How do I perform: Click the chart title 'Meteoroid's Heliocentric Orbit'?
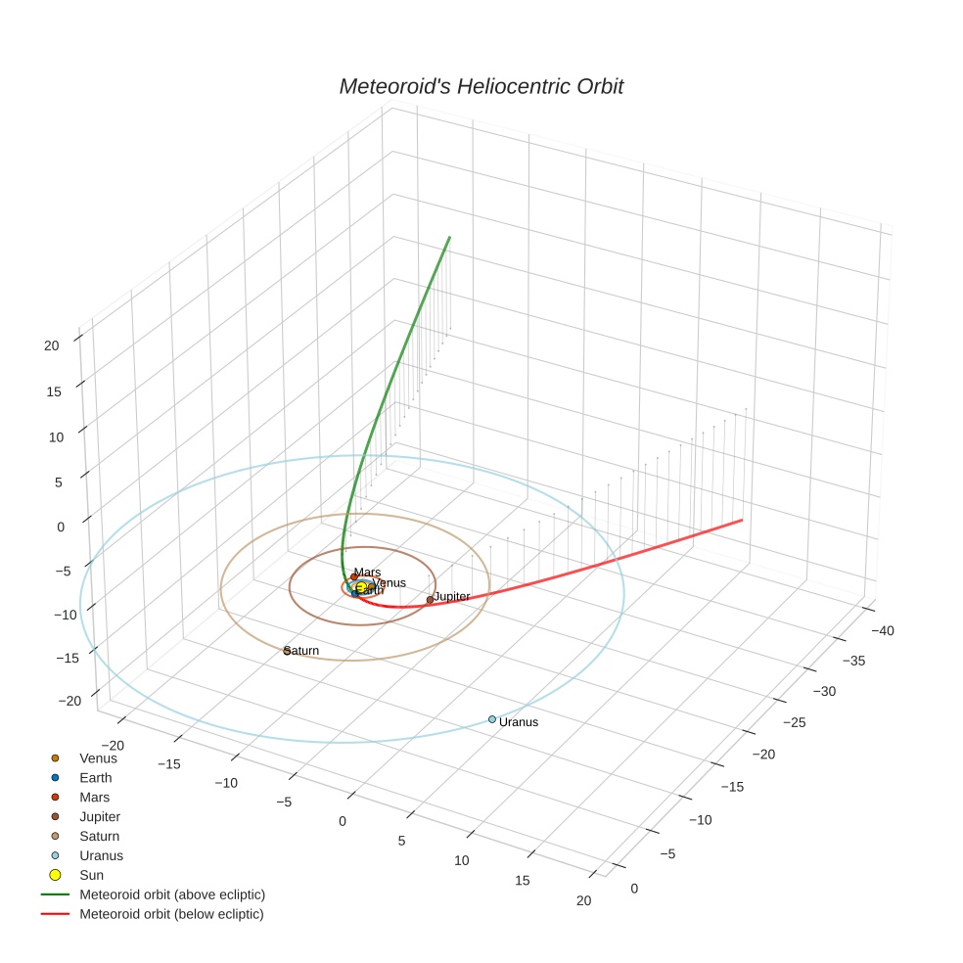tap(481, 86)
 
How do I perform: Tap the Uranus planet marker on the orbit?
tap(492, 719)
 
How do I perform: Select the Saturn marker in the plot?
tap(287, 650)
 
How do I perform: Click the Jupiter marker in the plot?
tap(430, 600)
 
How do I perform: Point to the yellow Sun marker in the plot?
tap(361, 586)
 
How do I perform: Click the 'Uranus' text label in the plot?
tap(519, 722)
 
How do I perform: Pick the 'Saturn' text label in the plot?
tap(302, 651)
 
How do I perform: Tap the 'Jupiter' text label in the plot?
tap(452, 596)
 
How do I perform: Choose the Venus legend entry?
tap(98, 757)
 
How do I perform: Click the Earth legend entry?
tap(95, 777)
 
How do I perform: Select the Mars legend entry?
tap(94, 797)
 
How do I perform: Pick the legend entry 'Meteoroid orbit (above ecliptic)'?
tap(171, 894)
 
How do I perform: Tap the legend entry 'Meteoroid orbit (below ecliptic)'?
tap(171, 914)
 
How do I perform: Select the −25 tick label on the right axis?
tap(796, 721)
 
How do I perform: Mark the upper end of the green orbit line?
tap(449, 237)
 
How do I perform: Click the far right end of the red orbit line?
tap(742, 520)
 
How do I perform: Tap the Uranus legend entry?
tap(101, 855)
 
